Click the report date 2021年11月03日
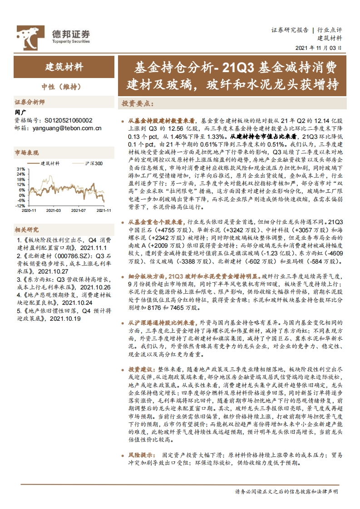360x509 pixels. pyautogui.click(x=319, y=47)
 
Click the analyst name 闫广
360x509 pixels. pyautogui.click(x=20, y=112)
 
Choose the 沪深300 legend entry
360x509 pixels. pyautogui.click(x=94, y=163)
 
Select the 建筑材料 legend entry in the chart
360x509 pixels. pyautogui.click(x=50, y=163)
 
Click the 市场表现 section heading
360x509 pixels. pyautogui.click(x=27, y=152)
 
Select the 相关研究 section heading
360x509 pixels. pyautogui.click(x=27, y=230)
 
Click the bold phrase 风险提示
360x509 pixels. pyautogui.click(x=141, y=455)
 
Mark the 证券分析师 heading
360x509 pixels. pyautogui.click(x=30, y=102)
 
